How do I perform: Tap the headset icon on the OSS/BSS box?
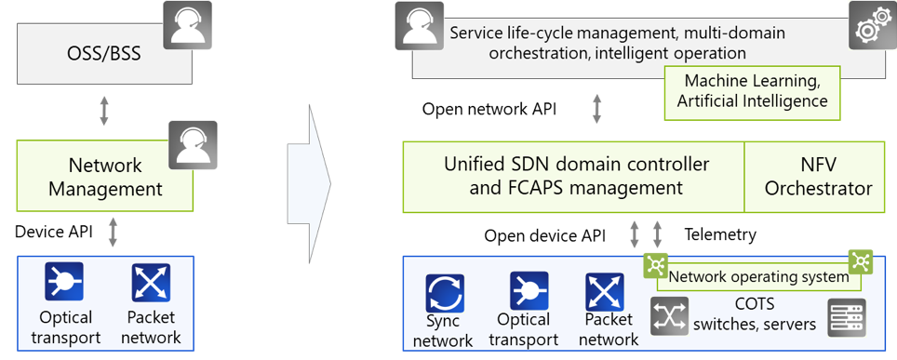(x=187, y=25)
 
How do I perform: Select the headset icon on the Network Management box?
(x=193, y=145)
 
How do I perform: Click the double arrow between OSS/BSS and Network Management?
(x=104, y=108)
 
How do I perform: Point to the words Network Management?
(x=104, y=177)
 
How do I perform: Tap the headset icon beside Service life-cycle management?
(x=419, y=26)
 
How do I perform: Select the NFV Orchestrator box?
(x=817, y=177)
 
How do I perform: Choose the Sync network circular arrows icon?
(x=444, y=293)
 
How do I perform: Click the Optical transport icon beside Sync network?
(x=529, y=291)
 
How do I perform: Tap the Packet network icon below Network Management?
(x=151, y=283)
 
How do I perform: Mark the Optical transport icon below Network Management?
(x=64, y=282)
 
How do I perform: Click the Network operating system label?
(x=759, y=276)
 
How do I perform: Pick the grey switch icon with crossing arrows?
(x=670, y=316)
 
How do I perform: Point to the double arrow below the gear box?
(x=596, y=108)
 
